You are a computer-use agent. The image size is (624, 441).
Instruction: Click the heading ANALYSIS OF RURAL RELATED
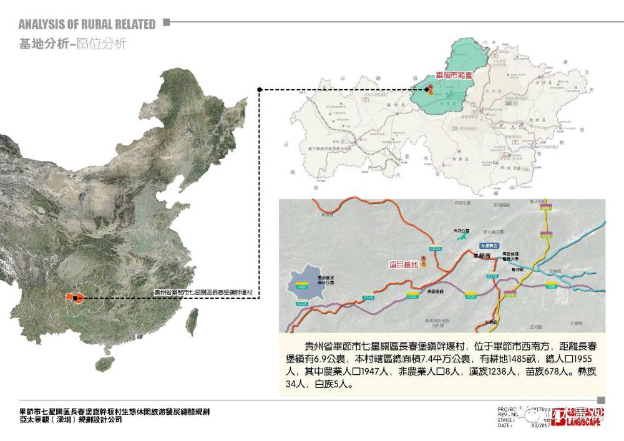[87, 24]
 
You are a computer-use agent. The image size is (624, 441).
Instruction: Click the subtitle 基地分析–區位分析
[72, 44]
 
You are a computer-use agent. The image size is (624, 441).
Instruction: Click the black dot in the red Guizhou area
[75, 298]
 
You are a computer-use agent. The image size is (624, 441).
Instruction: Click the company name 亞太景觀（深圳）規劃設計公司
[70, 420]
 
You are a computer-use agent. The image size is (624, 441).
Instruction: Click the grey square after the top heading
[166, 22]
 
